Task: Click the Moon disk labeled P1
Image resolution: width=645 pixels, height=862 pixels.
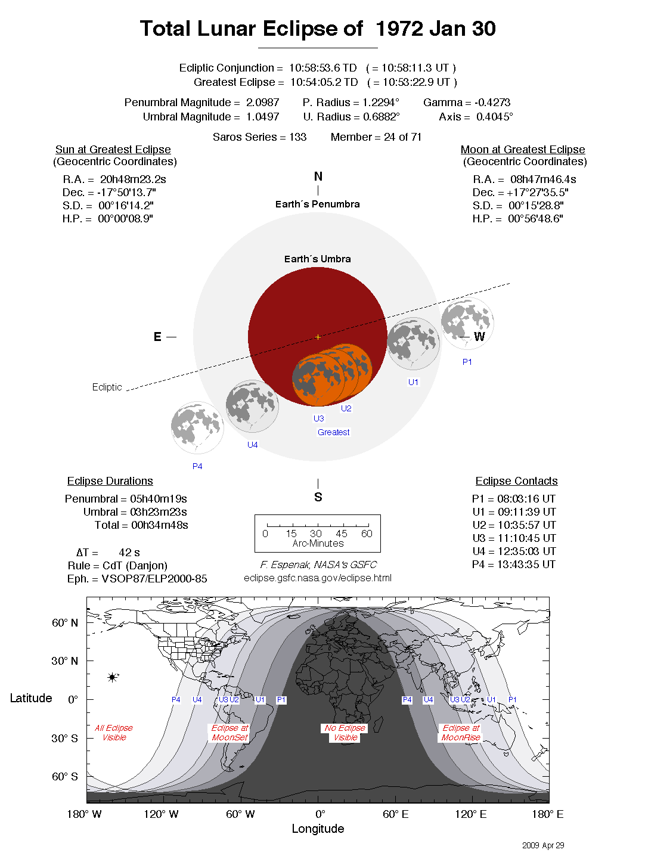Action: (467, 323)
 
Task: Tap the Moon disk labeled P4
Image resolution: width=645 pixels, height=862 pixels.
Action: (197, 427)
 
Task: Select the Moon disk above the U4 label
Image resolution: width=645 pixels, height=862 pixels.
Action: (252, 406)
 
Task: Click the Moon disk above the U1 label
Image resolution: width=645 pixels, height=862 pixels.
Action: (413, 343)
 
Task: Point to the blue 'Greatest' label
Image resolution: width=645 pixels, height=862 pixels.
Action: (334, 432)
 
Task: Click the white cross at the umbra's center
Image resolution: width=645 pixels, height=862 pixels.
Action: (318, 337)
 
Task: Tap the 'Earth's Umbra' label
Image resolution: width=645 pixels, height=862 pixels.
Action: (317, 259)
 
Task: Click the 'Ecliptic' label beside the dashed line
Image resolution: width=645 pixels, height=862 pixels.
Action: (107, 387)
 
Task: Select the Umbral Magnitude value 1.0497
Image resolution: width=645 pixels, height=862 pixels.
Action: (262, 117)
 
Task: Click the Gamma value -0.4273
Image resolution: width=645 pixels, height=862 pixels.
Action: (492, 103)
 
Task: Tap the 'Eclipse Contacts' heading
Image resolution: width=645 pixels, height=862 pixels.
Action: (516, 481)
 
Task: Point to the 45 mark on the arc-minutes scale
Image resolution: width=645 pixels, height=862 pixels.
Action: (342, 534)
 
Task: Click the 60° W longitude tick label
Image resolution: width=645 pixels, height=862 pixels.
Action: (240, 814)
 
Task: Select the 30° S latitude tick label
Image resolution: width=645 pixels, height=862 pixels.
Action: (64, 738)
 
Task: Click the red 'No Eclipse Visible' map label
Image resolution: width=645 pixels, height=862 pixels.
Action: (345, 733)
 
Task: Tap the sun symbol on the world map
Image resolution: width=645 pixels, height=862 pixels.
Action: (112, 677)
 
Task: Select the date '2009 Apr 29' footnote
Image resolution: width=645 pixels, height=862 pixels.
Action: (543, 845)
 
